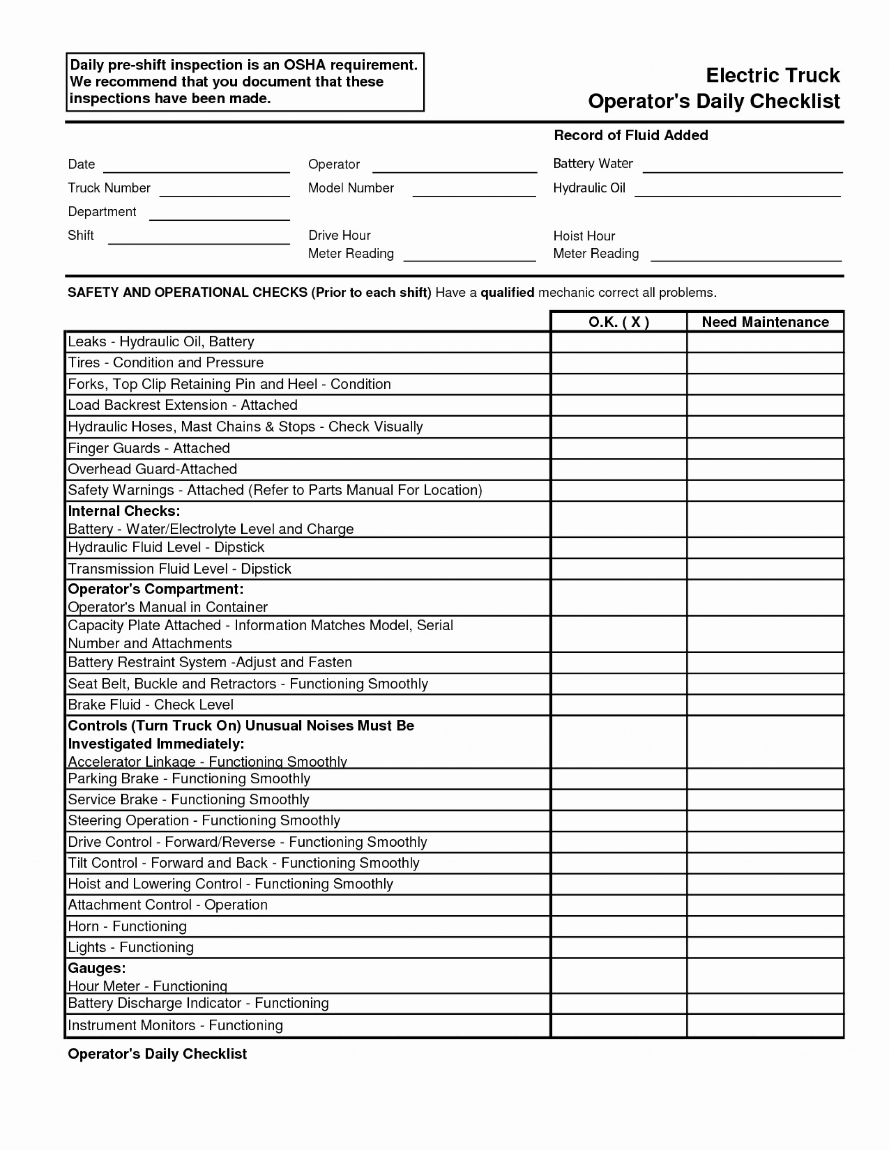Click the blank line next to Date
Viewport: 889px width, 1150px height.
click(x=196, y=168)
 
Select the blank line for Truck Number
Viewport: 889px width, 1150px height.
click(x=225, y=191)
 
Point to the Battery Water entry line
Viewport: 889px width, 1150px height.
click(x=742, y=168)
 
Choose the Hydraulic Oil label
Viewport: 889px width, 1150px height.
click(x=589, y=188)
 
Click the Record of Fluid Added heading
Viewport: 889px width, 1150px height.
click(x=631, y=135)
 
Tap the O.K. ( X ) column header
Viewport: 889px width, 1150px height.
click(x=618, y=322)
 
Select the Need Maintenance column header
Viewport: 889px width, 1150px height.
click(x=765, y=322)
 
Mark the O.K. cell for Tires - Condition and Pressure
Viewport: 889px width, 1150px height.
click(x=618, y=363)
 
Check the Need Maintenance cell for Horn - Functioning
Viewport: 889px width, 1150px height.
click(x=765, y=926)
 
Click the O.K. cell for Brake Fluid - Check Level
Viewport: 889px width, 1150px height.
click(x=618, y=705)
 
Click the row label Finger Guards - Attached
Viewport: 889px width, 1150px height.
click(x=149, y=448)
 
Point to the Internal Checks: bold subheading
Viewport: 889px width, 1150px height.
click(x=124, y=511)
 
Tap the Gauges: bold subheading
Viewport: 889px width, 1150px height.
click(x=97, y=968)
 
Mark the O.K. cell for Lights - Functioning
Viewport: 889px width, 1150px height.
click(x=618, y=947)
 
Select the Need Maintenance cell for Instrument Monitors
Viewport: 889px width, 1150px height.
click(x=765, y=1026)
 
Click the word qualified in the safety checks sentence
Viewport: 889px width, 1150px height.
click(x=507, y=293)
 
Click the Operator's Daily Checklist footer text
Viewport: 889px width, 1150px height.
click(x=157, y=1054)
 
